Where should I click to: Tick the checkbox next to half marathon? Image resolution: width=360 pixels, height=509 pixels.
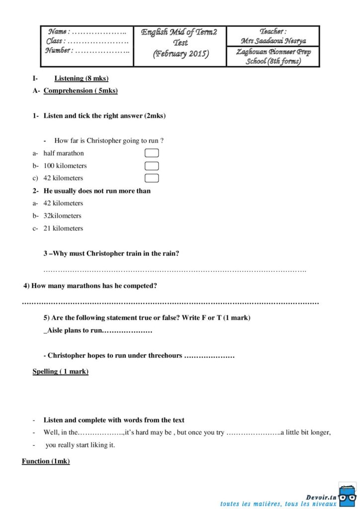(x=152, y=153)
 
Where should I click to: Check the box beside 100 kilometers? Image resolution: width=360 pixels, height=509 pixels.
(x=152, y=166)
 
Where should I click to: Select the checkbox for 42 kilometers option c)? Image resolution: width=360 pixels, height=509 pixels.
(x=152, y=178)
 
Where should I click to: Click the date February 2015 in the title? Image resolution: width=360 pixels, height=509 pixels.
(x=180, y=54)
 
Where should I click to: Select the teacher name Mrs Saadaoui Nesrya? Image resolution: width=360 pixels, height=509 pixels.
(x=273, y=41)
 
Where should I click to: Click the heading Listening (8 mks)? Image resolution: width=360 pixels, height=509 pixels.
(x=82, y=78)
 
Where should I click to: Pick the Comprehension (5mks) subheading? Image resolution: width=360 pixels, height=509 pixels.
(x=81, y=90)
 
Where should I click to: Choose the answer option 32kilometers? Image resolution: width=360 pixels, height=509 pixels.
(x=62, y=216)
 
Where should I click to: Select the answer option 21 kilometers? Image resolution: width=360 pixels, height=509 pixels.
(x=63, y=228)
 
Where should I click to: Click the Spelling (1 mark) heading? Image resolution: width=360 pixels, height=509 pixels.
(x=61, y=371)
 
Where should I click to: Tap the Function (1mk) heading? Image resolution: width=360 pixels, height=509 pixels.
(x=46, y=461)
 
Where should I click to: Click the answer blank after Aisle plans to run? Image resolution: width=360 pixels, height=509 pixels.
(x=127, y=331)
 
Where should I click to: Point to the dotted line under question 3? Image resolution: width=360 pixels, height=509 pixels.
(x=175, y=270)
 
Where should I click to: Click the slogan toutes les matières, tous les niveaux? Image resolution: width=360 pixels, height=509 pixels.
(x=278, y=504)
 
